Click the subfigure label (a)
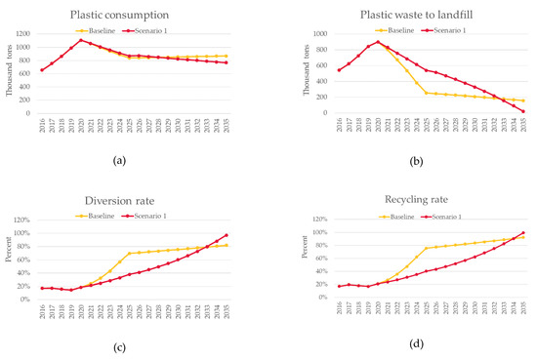[136, 161]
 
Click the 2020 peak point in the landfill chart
[378, 42]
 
